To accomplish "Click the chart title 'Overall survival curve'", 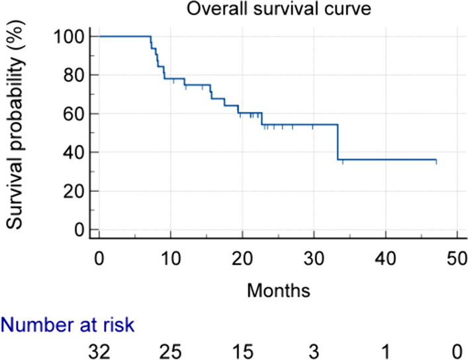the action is click(x=279, y=9).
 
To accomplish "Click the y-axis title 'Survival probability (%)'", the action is click(x=15, y=125).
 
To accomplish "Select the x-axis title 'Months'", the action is click(x=279, y=290).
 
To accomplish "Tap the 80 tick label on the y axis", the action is click(x=73, y=75).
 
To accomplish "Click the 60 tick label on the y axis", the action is click(x=73, y=114).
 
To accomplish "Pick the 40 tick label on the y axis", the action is click(x=73, y=153).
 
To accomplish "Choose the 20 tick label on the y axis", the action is click(x=73, y=191).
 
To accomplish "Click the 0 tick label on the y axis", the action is click(x=79, y=230).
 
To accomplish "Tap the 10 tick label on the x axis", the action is click(x=171, y=259).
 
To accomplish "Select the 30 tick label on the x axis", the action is click(x=314, y=259).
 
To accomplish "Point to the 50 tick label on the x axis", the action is click(x=457, y=259).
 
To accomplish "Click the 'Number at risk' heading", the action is click(x=68, y=324).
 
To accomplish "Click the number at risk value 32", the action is click(x=99, y=351).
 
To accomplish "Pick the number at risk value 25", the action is click(x=171, y=351).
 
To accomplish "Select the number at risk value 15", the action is click(x=243, y=351).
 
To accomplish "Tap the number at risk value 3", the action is click(x=314, y=351).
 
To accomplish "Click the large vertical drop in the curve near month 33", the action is click(x=338, y=142).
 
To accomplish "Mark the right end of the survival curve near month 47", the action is click(x=436, y=160).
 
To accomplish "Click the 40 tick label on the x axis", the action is click(x=386, y=259).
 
